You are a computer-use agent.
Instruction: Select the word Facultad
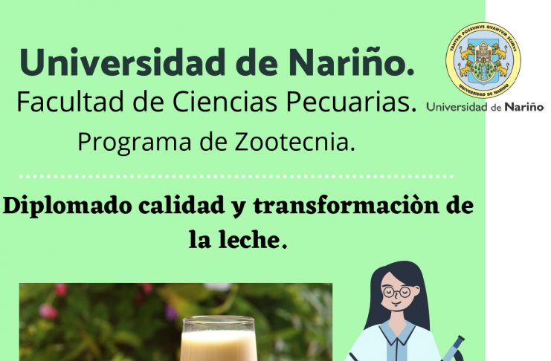coord(70,102)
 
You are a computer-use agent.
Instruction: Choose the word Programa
coord(135,142)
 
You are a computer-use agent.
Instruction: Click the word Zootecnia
coord(294,142)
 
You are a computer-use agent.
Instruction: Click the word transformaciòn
coord(347,206)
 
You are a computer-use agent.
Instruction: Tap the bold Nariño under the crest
coord(524,107)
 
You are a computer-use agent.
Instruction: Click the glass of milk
coord(219,338)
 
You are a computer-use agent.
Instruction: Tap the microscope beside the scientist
coord(454,348)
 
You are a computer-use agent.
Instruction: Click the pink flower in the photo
coord(48,311)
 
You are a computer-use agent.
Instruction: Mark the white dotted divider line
coord(236,176)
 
